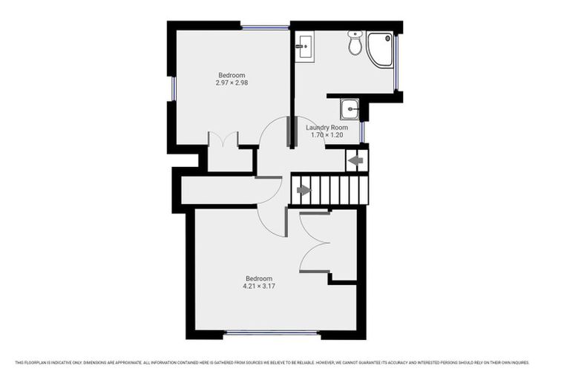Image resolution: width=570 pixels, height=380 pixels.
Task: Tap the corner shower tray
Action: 381,49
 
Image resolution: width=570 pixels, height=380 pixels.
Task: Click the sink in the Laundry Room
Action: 350,109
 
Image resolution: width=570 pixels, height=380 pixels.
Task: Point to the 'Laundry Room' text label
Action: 327,128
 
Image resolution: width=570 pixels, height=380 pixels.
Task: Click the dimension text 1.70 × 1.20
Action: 327,136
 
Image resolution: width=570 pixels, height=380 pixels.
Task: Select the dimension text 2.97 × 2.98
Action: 232,83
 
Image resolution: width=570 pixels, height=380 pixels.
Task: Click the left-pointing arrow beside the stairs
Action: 356,160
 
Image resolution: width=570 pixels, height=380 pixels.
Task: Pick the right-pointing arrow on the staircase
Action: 304,190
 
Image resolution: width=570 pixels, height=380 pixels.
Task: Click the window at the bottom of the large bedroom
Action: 272,333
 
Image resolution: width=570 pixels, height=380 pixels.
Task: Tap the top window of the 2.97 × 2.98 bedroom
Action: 265,27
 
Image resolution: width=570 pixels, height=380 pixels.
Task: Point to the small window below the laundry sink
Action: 362,131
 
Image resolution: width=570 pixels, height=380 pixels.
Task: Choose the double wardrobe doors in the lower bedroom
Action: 314,243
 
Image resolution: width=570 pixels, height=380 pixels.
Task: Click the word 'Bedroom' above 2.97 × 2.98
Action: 232,74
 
